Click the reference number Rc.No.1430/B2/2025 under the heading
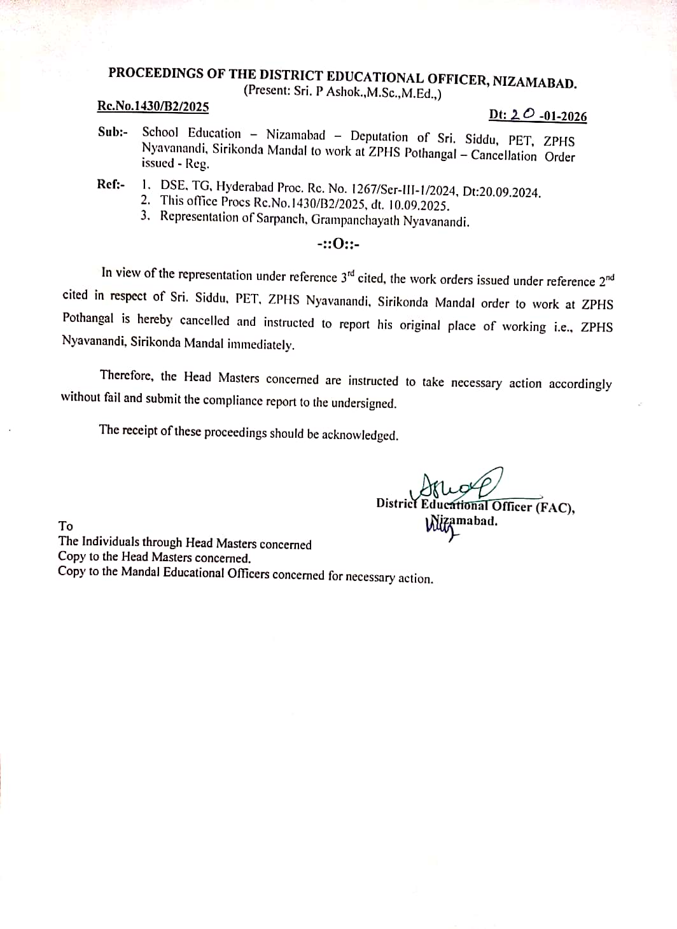pyautogui.click(x=153, y=106)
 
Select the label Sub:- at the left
pyautogui.click(x=113, y=132)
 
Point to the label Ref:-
pyautogui.click(x=111, y=184)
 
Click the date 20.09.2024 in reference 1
pyautogui.click(x=510, y=192)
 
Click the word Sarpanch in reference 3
pyautogui.click(x=277, y=219)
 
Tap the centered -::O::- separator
pyautogui.click(x=338, y=244)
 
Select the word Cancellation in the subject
pyautogui.click(x=503, y=155)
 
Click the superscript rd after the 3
pyautogui.click(x=350, y=272)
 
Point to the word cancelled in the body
pyautogui.click(x=204, y=320)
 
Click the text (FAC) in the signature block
pyautogui.click(x=554, y=508)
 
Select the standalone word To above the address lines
pyautogui.click(x=66, y=526)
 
